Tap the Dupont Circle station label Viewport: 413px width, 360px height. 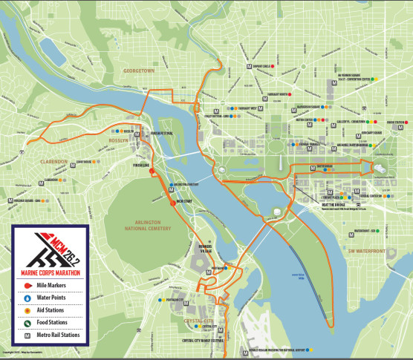tap(263, 66)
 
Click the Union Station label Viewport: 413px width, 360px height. tap(398, 122)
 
